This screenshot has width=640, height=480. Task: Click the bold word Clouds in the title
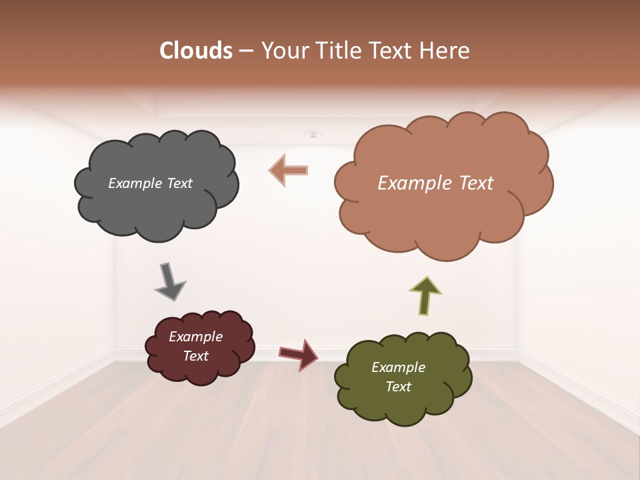(x=196, y=51)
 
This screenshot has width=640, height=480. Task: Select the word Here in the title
(x=447, y=51)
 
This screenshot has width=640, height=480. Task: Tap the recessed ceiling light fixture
(x=313, y=135)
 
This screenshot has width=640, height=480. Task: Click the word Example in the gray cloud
(x=134, y=183)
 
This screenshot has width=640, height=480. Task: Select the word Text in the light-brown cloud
(x=473, y=183)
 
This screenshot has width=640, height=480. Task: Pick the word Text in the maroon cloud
(x=196, y=356)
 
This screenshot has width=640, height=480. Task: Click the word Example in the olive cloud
(x=398, y=367)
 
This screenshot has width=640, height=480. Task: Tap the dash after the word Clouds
(x=246, y=51)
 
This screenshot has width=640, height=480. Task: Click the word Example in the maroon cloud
(x=196, y=337)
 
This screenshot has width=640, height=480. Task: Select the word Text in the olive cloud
(x=398, y=387)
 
